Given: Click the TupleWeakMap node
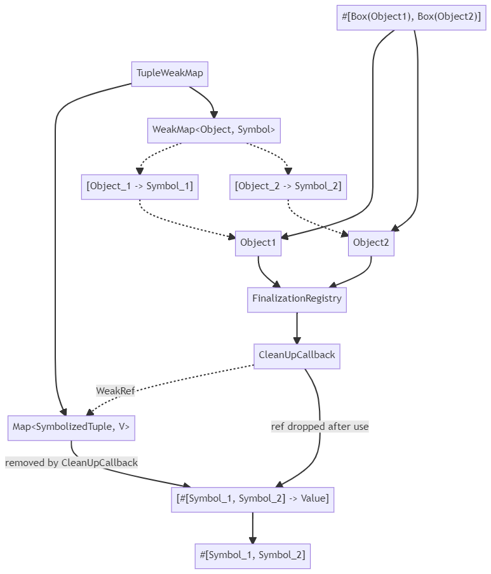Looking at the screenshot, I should [170, 74].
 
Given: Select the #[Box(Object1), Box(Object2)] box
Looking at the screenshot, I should [411, 17].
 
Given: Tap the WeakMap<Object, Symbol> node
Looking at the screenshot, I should [213, 130].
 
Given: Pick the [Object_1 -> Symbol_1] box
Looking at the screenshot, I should [140, 187].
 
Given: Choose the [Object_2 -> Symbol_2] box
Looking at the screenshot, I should [288, 187].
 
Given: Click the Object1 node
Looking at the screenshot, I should [258, 243].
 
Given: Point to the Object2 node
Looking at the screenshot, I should [371, 243].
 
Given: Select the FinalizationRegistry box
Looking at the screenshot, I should [297, 299].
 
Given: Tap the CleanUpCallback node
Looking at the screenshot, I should [297, 356].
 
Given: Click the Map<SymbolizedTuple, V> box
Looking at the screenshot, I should [71, 427].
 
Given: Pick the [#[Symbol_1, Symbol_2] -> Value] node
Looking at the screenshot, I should [252, 499].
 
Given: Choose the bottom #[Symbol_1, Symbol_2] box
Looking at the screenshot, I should [252, 556].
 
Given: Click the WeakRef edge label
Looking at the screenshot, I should [116, 391].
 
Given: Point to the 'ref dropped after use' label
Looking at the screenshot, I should [319, 427].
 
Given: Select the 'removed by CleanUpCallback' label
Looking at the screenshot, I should [71, 463].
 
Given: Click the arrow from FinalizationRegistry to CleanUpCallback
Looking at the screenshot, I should [297, 328].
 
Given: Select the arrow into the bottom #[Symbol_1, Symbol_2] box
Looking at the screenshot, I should [252, 527].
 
